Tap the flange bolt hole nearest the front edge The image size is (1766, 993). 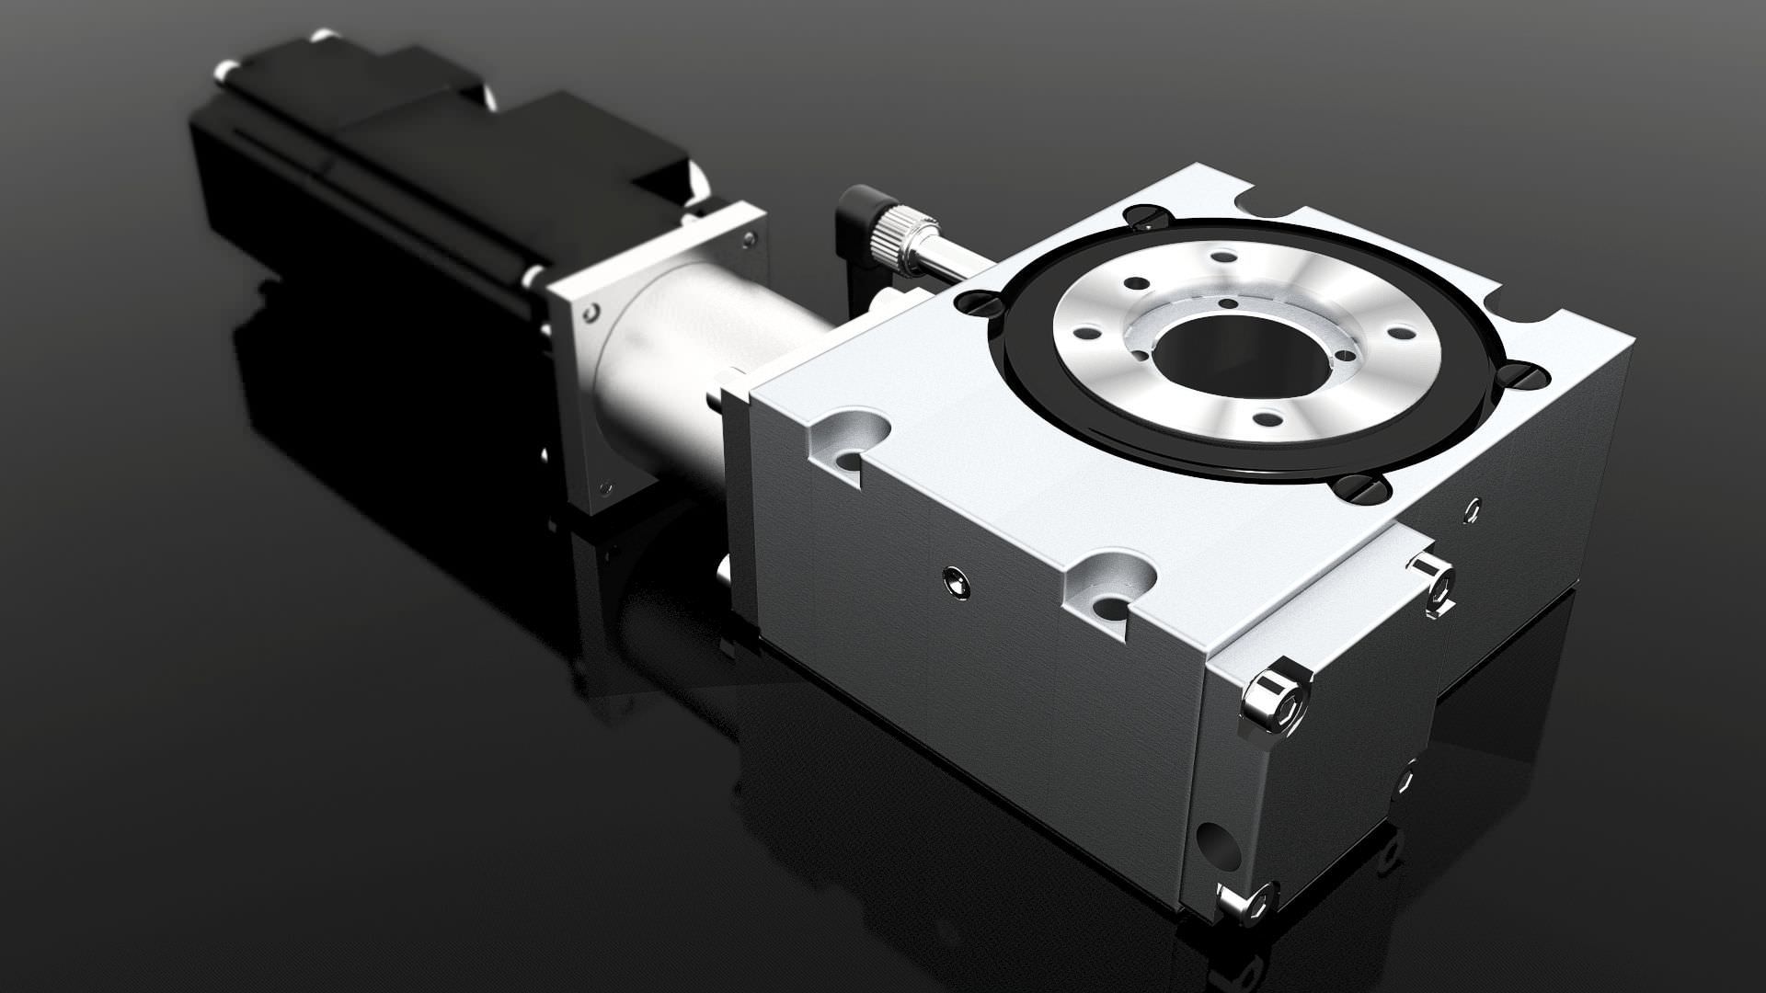pos(1267,419)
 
